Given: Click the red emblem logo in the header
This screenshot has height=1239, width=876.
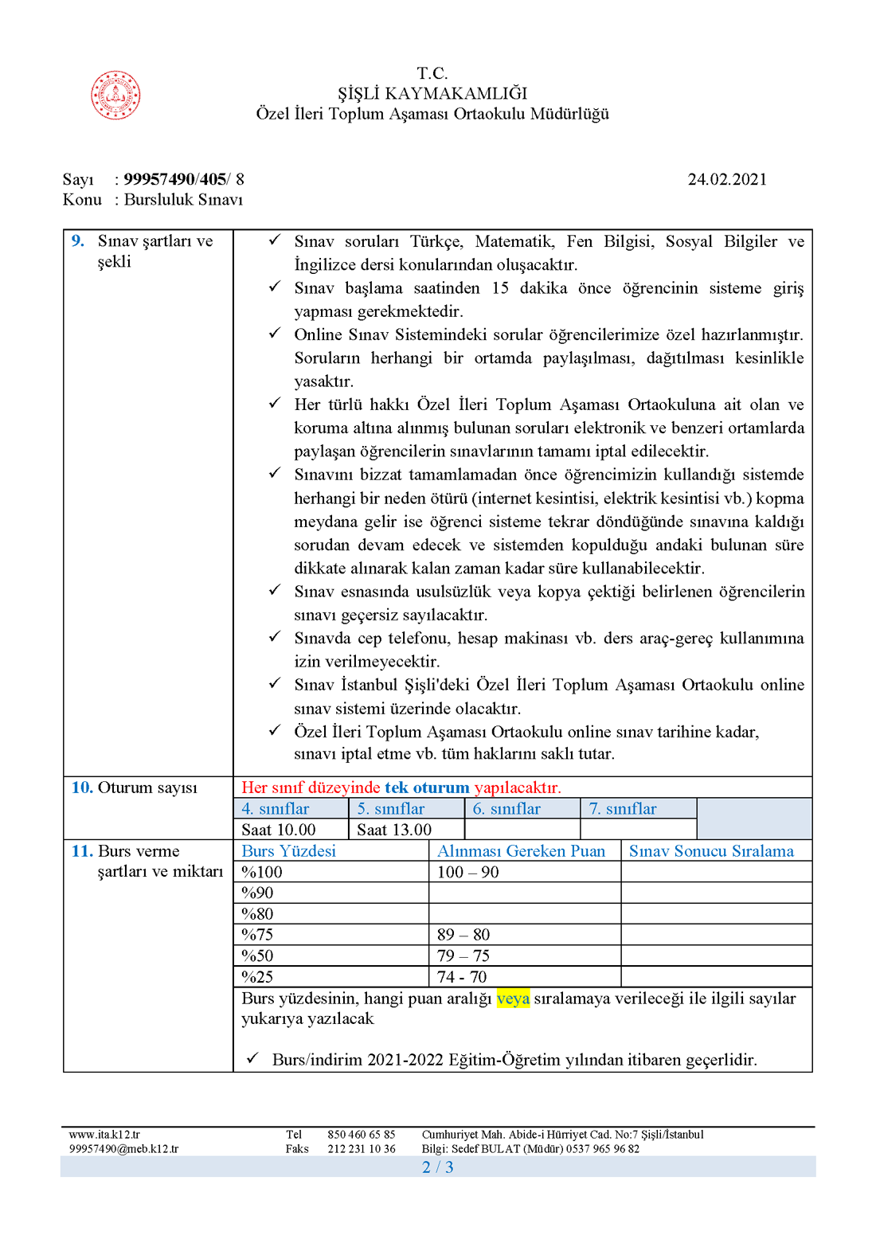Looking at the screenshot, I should click(115, 96).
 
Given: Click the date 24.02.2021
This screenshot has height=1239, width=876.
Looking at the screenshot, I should click(727, 179).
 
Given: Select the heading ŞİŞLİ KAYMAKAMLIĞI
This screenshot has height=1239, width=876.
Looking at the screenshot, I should click(432, 93).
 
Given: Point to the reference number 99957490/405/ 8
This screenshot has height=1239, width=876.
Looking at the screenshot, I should click(184, 179).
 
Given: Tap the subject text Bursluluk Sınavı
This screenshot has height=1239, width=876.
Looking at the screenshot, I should click(183, 200).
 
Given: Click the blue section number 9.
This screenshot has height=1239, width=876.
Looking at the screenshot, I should click(78, 240).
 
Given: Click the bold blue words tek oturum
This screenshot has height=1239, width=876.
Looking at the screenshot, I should click(427, 788).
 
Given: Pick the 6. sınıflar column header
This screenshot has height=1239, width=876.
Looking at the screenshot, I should click(506, 809).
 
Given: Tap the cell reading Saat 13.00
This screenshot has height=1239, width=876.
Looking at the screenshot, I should click(394, 830).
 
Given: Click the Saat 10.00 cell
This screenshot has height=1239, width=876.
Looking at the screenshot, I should click(279, 830).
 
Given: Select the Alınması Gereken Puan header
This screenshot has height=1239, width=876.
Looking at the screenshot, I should click(522, 851).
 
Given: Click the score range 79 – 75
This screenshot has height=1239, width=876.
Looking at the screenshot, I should click(463, 956).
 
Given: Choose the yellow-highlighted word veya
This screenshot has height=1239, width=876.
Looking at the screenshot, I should click(513, 999).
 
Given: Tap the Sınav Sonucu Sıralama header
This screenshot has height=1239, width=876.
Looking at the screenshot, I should click(711, 851).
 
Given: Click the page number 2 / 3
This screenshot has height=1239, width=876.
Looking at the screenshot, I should click(438, 1167).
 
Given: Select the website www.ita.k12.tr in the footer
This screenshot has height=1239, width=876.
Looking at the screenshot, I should click(104, 1135).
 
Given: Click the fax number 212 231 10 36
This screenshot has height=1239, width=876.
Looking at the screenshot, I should click(361, 1149).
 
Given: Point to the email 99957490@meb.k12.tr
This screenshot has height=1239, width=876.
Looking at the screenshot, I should click(123, 1149).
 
